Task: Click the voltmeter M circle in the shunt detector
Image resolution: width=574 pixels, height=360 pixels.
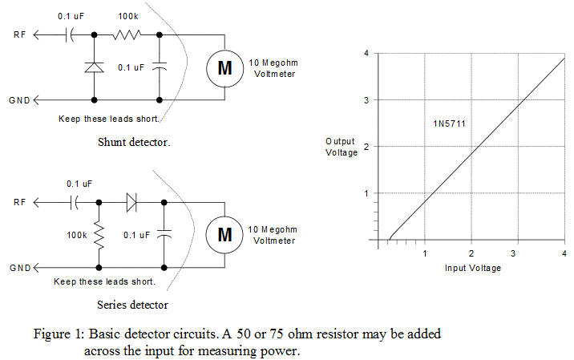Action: pos(225,68)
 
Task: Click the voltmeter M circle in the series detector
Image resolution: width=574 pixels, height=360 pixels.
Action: pos(225,234)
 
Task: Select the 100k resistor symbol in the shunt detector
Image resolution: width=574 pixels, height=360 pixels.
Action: pos(128,34)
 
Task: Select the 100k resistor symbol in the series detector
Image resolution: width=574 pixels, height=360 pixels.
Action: pos(100,237)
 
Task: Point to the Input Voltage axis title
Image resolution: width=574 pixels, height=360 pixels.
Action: pos(473,268)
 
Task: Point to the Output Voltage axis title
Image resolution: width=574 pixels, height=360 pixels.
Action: pos(341,147)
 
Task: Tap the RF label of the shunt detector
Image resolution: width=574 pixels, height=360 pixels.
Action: pos(18,35)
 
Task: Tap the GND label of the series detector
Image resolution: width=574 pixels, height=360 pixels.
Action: pos(18,267)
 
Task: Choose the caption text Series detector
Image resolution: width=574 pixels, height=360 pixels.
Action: pos(132,305)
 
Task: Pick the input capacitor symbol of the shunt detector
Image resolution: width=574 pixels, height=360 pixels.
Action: pos(71,34)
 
